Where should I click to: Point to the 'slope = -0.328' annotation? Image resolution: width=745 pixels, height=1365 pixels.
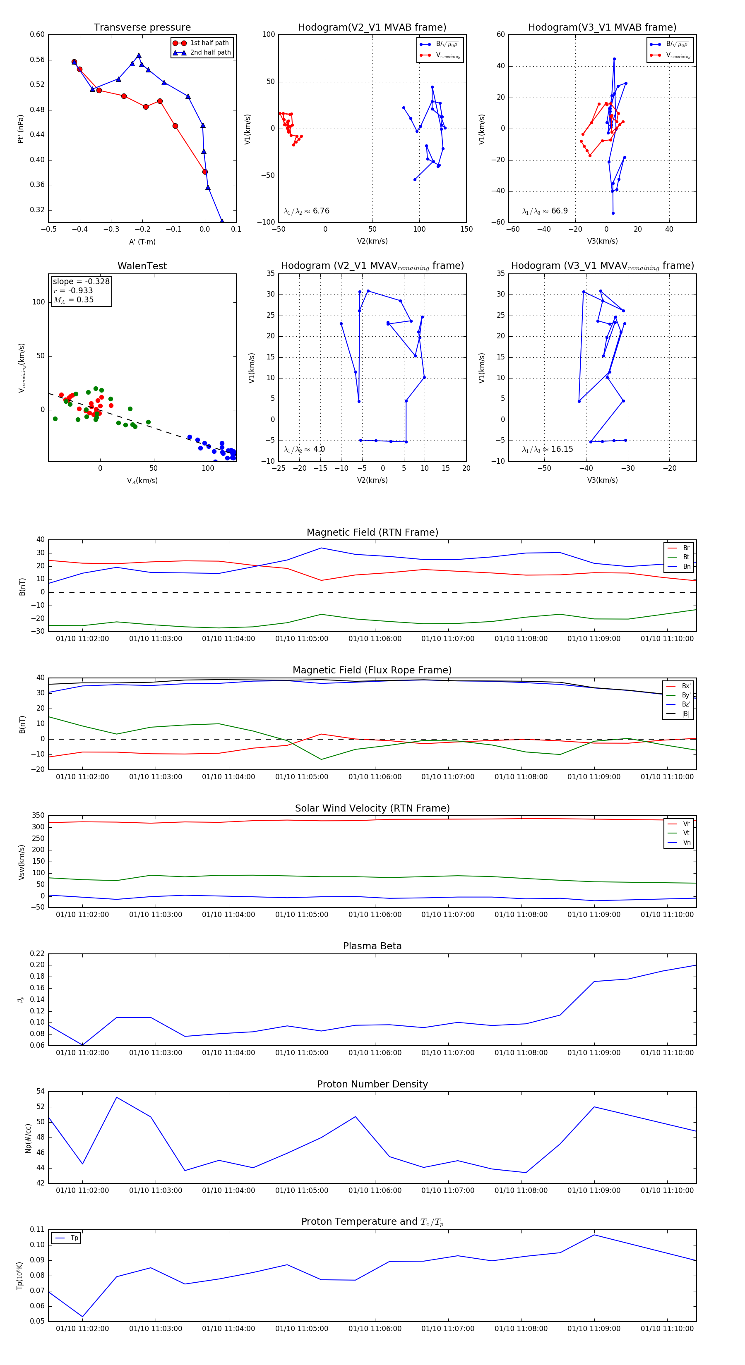click(x=81, y=281)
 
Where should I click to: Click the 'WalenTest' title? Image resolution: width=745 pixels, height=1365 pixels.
click(x=142, y=266)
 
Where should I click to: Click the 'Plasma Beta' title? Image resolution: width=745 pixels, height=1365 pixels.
click(x=372, y=946)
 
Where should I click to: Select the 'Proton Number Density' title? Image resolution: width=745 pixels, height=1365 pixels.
click(x=372, y=1084)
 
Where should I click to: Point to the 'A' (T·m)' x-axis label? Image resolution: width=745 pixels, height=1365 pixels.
click(x=142, y=242)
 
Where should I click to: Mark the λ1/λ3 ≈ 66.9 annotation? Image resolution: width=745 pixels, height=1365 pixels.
click(x=545, y=211)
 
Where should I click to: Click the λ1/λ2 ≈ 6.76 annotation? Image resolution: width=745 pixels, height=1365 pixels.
click(x=306, y=211)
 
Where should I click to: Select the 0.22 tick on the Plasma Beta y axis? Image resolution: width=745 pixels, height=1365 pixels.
click(x=37, y=953)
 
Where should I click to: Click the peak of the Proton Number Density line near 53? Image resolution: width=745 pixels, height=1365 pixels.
click(x=117, y=1097)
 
